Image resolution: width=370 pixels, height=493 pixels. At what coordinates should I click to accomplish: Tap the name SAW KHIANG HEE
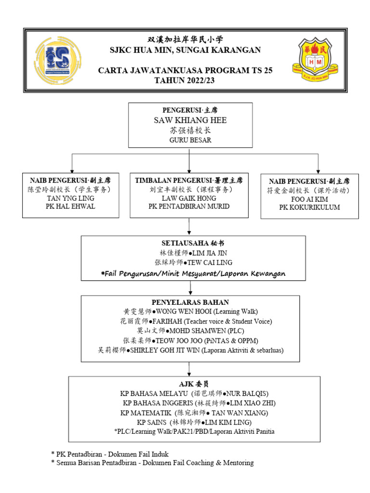pos(190,120)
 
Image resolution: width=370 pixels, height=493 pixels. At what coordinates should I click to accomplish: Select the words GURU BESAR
pos(190,140)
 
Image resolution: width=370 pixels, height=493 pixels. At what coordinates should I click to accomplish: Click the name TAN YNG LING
pos(71,198)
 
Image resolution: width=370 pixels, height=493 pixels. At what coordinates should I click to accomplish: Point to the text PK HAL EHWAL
pos(71,207)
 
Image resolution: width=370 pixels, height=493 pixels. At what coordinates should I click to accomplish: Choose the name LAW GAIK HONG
pos(189,198)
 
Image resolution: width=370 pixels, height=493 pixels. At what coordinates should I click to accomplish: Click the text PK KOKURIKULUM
pos(309,208)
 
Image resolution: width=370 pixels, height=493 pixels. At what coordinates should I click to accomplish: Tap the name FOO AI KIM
pos(309,199)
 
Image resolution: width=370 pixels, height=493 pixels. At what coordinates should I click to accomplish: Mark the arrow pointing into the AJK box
pos(190,369)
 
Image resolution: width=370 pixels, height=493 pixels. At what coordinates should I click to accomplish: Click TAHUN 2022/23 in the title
pos(185,80)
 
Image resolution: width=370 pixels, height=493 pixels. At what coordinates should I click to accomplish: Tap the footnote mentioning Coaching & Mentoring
pos(152,463)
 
